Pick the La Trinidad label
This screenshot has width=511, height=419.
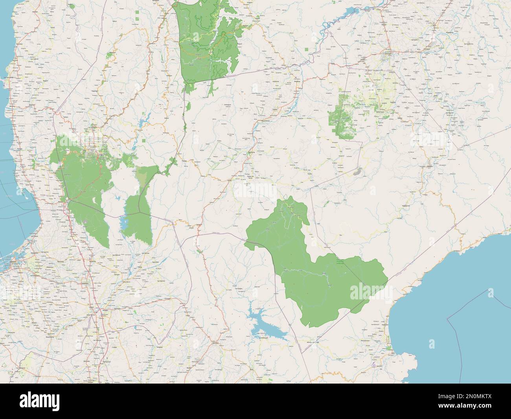93,127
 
